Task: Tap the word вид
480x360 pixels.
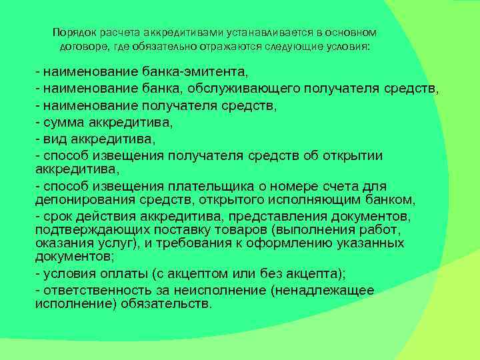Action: [53, 140]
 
